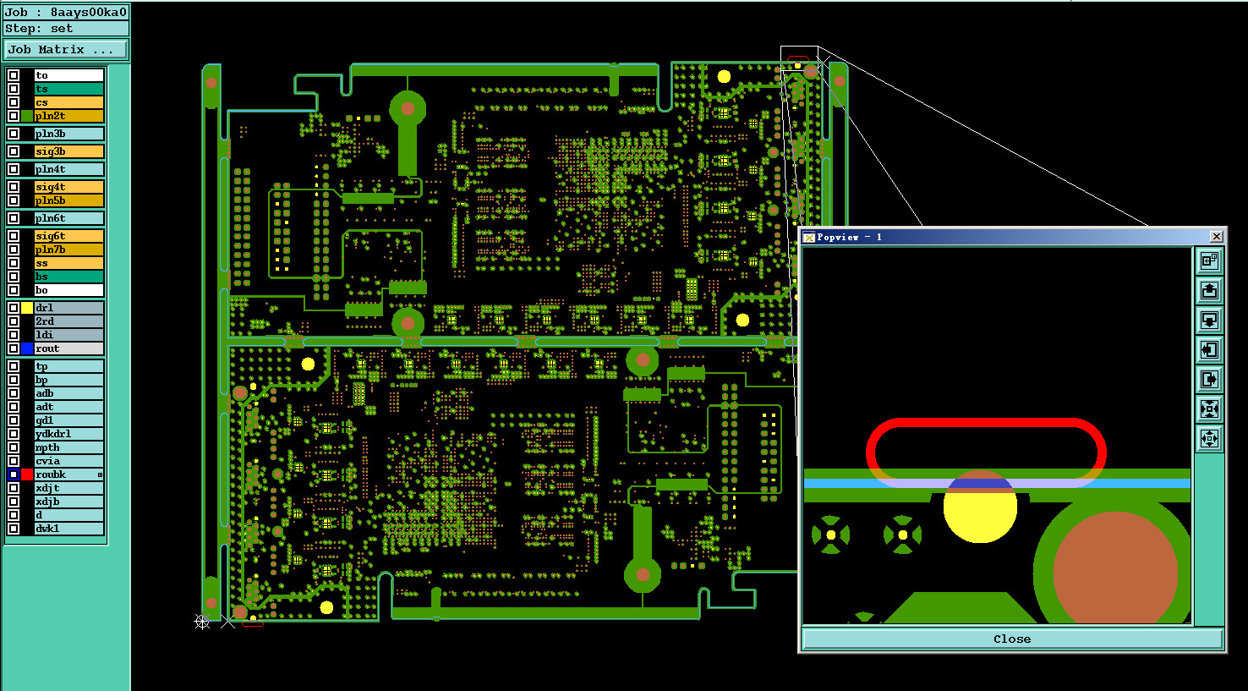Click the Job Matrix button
pyautogui.click(x=66, y=50)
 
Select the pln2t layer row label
pyautogui.click(x=68, y=116)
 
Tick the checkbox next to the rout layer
pyautogui.click(x=14, y=348)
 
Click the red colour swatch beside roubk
pyautogui.click(x=27, y=474)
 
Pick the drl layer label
pyautogui.click(x=68, y=308)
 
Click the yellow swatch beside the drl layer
pyautogui.click(x=27, y=308)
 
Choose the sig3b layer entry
pyautogui.click(x=68, y=151)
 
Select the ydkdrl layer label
pyautogui.click(x=68, y=434)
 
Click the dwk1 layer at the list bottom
pyautogui.click(x=68, y=529)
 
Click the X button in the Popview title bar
pyautogui.click(x=1216, y=237)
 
